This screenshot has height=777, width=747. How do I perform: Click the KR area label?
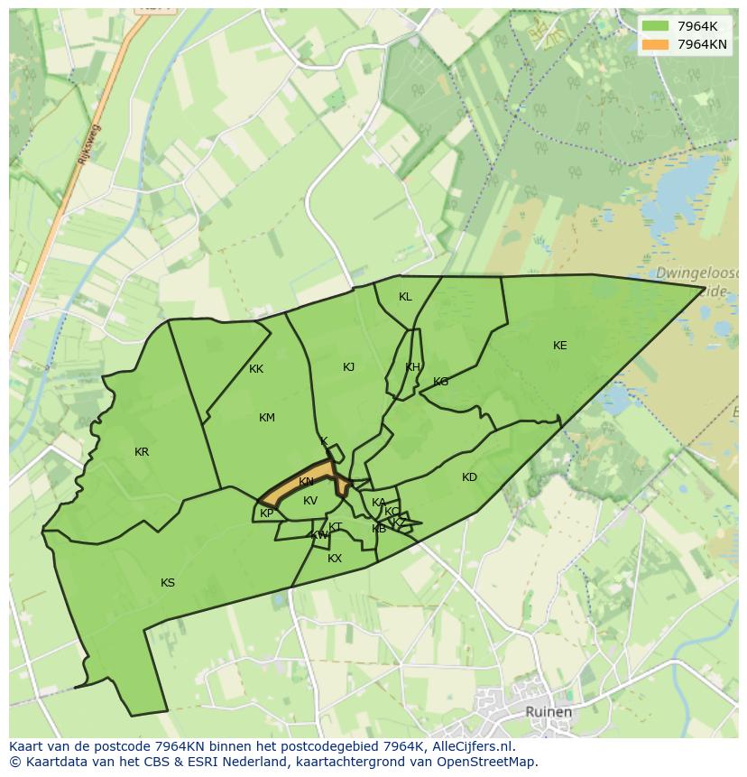(x=142, y=452)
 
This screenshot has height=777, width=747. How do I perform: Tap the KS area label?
(x=168, y=583)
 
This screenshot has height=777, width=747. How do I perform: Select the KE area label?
(x=560, y=346)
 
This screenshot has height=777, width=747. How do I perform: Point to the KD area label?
(x=469, y=477)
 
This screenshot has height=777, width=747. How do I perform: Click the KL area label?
(x=405, y=297)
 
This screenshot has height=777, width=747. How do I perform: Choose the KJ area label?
(x=349, y=367)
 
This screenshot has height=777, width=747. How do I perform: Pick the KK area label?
(x=256, y=369)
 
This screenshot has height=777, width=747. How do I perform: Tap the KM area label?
(x=267, y=418)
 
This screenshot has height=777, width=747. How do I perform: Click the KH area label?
(x=412, y=367)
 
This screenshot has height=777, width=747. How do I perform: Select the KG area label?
(x=440, y=382)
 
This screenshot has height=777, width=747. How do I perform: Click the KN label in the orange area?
(x=307, y=482)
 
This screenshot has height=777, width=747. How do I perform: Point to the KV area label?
(x=310, y=501)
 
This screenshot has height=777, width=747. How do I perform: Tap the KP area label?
(x=267, y=513)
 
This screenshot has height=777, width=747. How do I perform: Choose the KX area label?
(x=335, y=559)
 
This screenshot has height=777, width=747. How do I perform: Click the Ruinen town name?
(x=549, y=712)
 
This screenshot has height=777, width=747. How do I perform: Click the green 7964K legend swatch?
(x=655, y=25)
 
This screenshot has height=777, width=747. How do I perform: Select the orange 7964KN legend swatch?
(x=655, y=44)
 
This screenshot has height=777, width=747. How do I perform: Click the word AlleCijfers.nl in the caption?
(x=470, y=746)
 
